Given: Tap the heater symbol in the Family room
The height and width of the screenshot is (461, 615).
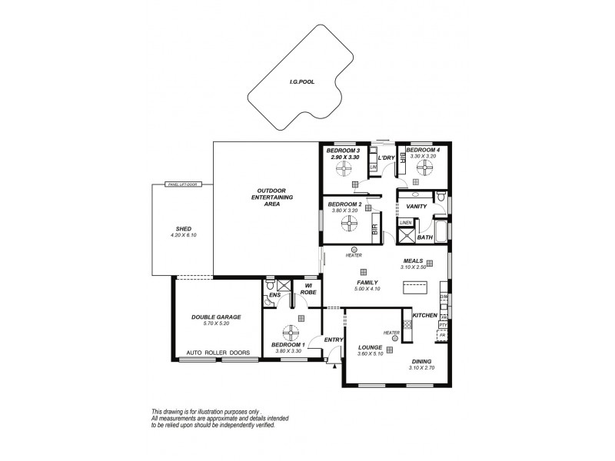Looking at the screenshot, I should pyautogui.click(x=354, y=249).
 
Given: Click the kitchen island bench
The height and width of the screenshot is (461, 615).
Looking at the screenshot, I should pyautogui.click(x=415, y=289).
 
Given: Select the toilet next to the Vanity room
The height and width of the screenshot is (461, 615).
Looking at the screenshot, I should pyautogui.click(x=439, y=198).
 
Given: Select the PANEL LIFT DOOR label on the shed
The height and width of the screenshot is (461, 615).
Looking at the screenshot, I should pyautogui.click(x=182, y=185).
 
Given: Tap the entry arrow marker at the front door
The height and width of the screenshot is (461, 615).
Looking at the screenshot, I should pyautogui.click(x=334, y=366).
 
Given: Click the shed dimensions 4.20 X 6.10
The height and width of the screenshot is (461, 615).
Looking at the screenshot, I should pyautogui.click(x=183, y=235).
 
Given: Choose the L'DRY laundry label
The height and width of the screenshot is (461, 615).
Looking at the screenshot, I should pyautogui.click(x=386, y=158).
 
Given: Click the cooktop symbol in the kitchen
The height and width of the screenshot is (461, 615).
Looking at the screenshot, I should pyautogui.click(x=407, y=324).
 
